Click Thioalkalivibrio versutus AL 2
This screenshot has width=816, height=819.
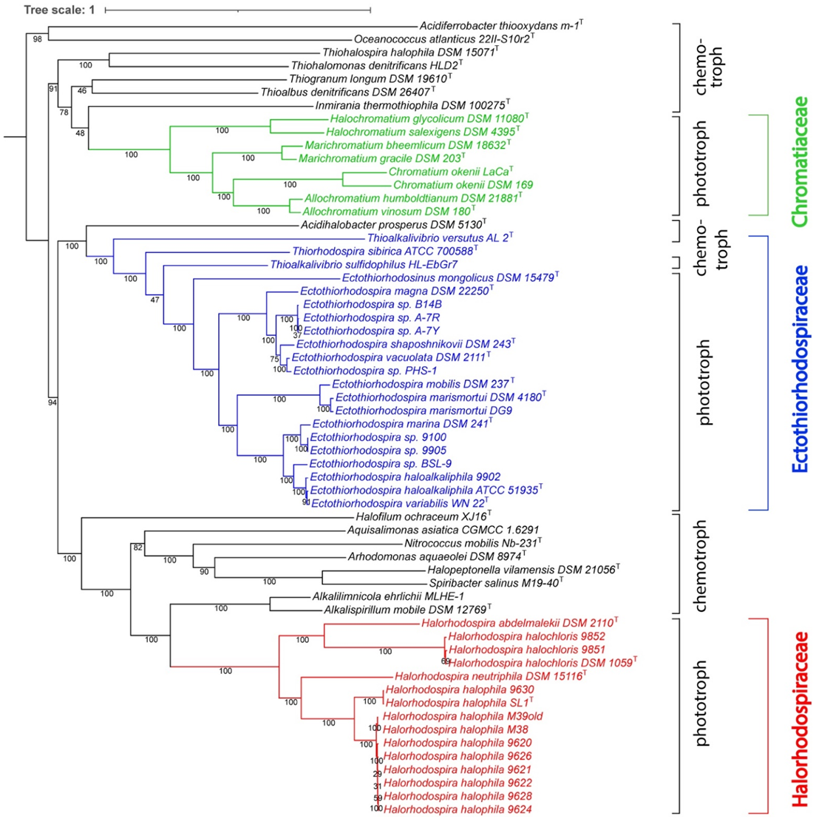438,237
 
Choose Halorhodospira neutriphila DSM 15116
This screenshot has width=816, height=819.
489,676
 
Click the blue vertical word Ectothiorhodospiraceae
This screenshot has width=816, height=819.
799,369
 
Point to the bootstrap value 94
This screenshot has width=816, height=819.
53,402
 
